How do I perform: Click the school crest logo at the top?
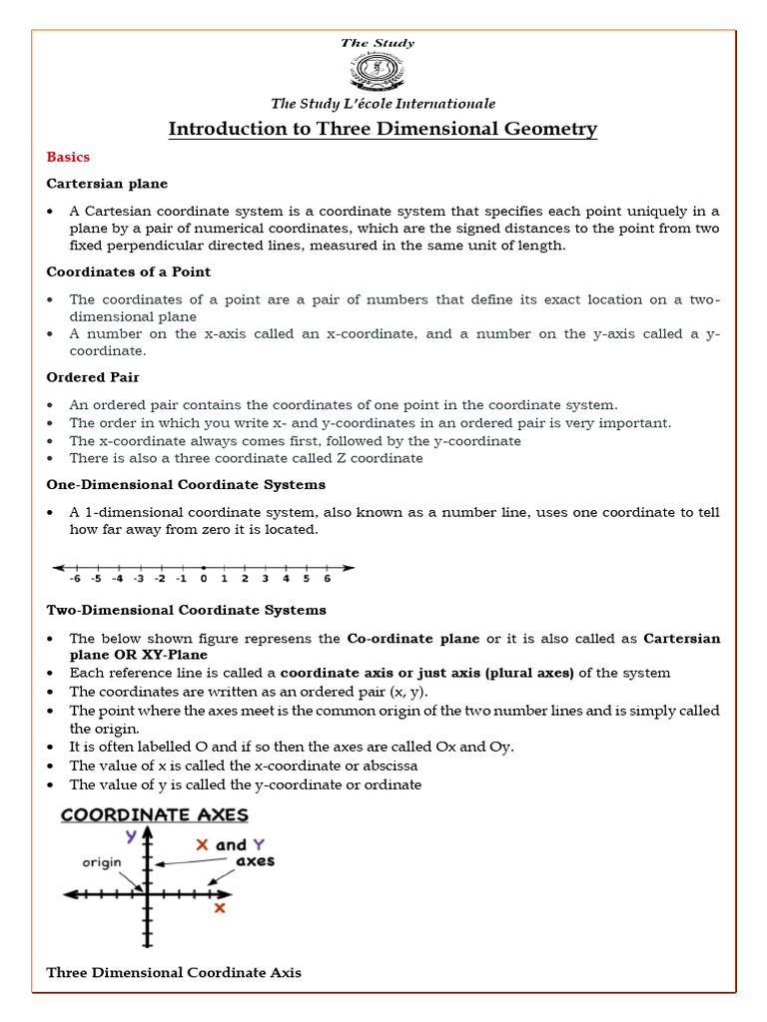click(383, 72)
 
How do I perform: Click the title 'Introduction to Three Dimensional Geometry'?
click(383, 129)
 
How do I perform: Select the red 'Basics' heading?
click(68, 157)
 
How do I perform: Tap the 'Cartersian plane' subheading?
click(107, 184)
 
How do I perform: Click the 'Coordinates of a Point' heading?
click(129, 271)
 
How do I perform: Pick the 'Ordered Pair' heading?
click(93, 377)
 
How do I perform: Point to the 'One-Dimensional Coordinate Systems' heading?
click(186, 485)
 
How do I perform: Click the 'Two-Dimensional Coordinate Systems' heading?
click(186, 610)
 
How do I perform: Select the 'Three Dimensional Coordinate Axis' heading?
click(174, 972)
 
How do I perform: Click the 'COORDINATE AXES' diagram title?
click(155, 815)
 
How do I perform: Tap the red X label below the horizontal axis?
click(220, 908)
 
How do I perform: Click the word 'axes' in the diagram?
click(255, 860)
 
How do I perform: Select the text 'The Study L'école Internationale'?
click(383, 104)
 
